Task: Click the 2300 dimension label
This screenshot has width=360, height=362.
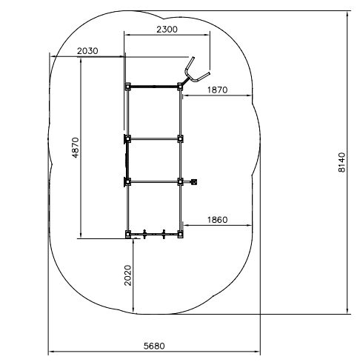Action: (x=167, y=30)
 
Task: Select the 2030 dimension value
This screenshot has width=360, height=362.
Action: (x=87, y=51)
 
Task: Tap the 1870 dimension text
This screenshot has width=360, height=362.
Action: (x=217, y=90)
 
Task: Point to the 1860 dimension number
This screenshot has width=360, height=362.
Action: (x=217, y=220)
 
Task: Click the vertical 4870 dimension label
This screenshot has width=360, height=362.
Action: (x=75, y=147)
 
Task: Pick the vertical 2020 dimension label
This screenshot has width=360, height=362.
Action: (x=127, y=275)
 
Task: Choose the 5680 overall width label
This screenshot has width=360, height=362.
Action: (x=154, y=346)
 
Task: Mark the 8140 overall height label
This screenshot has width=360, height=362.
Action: (x=341, y=162)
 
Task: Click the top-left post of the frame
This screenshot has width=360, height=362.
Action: (x=127, y=87)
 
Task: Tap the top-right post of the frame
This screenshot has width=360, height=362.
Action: (x=180, y=87)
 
